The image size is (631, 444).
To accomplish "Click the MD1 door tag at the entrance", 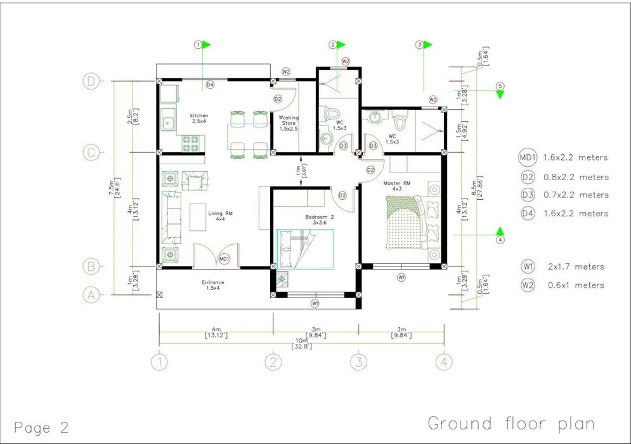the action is [x=224, y=259].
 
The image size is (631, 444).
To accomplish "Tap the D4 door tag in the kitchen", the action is [x=210, y=85].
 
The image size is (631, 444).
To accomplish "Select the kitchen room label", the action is [x=198, y=118].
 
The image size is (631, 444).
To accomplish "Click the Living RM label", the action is [x=220, y=216].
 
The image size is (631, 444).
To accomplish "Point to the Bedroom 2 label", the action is [x=320, y=219].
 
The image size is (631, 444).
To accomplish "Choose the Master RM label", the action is [x=397, y=186].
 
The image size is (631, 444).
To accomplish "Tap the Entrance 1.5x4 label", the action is [x=213, y=285].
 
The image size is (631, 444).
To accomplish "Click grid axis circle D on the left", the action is [x=91, y=82].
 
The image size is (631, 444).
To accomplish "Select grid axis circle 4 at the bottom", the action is [x=444, y=362].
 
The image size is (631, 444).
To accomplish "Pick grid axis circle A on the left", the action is [x=91, y=296].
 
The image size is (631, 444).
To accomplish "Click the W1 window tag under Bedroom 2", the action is [x=315, y=303].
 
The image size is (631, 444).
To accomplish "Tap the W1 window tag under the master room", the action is [x=401, y=277].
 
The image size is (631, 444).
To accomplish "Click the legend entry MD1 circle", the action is [x=528, y=157].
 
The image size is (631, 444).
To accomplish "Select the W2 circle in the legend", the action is [x=528, y=285].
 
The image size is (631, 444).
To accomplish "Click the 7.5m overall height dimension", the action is [x=115, y=188].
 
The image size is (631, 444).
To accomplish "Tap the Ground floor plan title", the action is [x=511, y=424].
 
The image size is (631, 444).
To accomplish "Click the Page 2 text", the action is [x=41, y=427].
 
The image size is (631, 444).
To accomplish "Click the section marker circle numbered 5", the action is [x=500, y=86].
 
